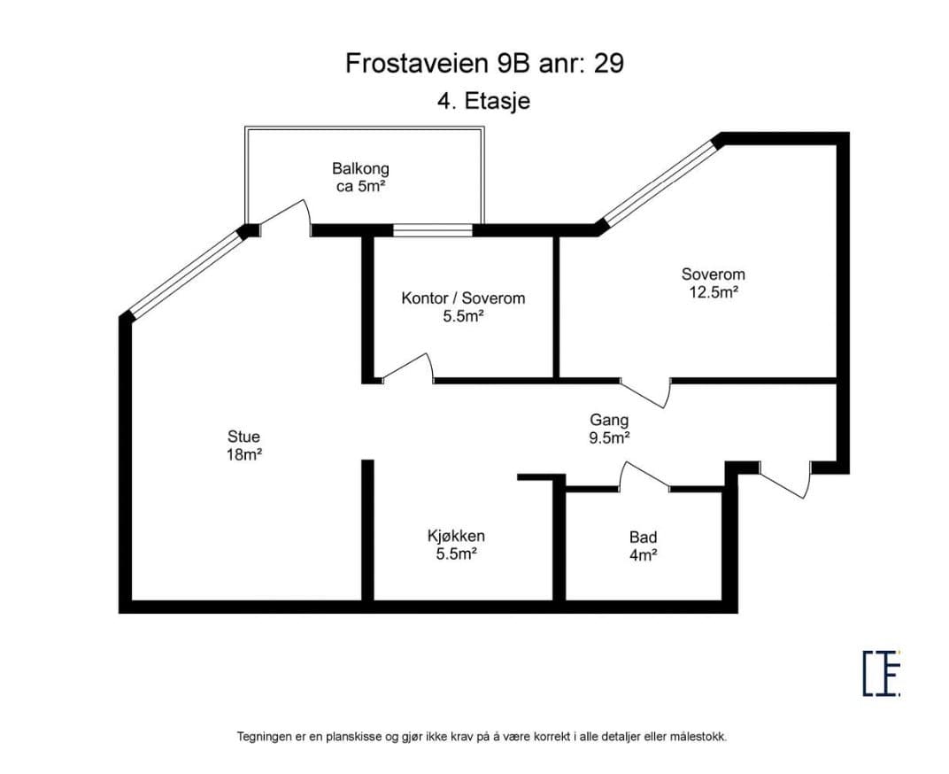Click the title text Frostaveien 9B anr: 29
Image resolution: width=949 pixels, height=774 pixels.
484,63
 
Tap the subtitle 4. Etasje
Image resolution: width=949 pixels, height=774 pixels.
483,101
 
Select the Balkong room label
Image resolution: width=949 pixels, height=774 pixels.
360,168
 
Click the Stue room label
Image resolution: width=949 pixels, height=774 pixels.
244,436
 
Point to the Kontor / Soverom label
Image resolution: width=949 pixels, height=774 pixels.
463,298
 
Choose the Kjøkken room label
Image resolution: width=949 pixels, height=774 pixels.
456,536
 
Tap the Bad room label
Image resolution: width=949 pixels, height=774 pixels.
644,537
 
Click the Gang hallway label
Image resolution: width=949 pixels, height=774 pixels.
609,420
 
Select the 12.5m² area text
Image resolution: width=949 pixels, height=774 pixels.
714,292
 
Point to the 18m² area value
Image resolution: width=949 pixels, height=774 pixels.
244,454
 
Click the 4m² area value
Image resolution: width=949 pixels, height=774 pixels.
644,554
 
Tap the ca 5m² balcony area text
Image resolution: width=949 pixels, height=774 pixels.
360,186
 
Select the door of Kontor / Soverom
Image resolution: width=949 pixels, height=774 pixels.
408,368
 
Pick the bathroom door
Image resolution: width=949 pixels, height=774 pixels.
644,475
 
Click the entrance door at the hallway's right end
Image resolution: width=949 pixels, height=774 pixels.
785,480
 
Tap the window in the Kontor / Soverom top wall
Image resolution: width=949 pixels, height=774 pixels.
433,230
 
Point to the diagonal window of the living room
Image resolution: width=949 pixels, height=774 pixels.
187,273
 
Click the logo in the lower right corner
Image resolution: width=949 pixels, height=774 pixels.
881,673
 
